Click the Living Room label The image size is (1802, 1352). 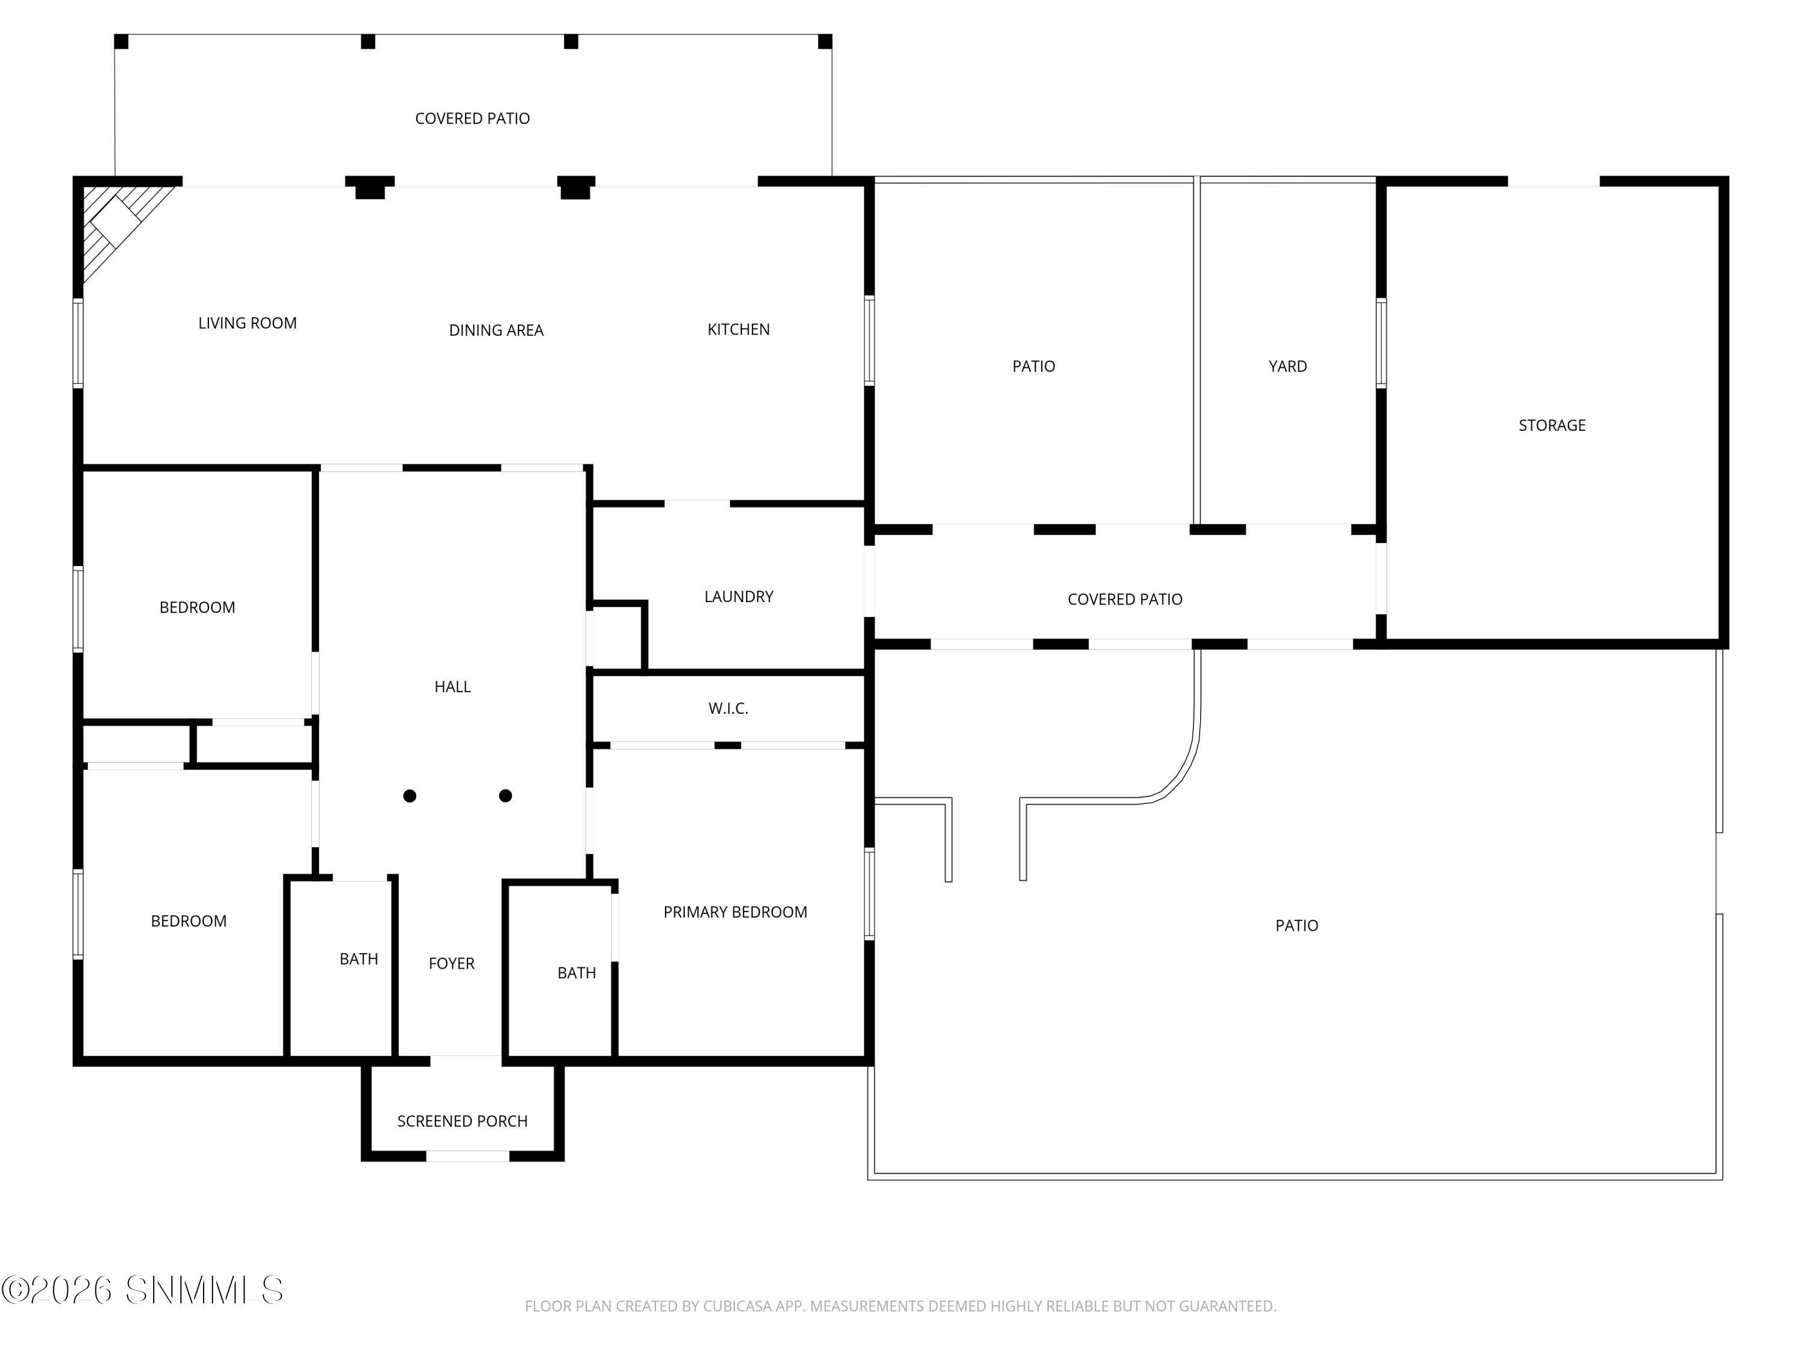247,323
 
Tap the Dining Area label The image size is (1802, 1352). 496,330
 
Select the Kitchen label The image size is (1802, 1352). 738,329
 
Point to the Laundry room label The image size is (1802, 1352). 738,597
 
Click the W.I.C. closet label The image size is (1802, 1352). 728,709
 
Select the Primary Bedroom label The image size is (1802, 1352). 735,912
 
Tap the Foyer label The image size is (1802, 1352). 451,963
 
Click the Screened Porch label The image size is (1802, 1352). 462,1121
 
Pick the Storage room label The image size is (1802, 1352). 1552,425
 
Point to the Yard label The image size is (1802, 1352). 1287,367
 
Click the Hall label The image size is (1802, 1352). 452,687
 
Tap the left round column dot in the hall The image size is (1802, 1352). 410,796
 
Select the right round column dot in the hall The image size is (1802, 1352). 505,796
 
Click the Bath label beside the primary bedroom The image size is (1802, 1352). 576,973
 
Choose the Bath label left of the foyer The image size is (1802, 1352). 359,959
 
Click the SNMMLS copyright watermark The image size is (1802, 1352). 142,1290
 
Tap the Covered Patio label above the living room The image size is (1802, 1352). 473,119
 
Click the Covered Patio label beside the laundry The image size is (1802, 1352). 1124,600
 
